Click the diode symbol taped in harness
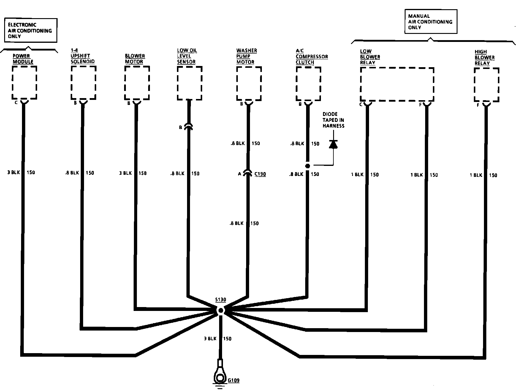point(333,144)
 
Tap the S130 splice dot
point(221,311)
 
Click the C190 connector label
point(260,174)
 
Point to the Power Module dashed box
point(24,82)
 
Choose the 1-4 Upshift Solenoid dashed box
point(83,82)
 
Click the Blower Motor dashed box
point(137,83)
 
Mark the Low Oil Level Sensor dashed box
point(189,83)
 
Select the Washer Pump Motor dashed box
point(249,84)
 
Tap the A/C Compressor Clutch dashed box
point(308,84)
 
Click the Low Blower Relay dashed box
point(397,84)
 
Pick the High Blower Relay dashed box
point(486,85)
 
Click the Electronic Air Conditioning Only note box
point(31,30)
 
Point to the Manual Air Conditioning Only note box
point(431,22)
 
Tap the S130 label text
point(221,300)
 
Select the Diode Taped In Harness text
point(333,120)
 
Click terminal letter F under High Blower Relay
point(478,105)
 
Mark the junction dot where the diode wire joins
point(308,166)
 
